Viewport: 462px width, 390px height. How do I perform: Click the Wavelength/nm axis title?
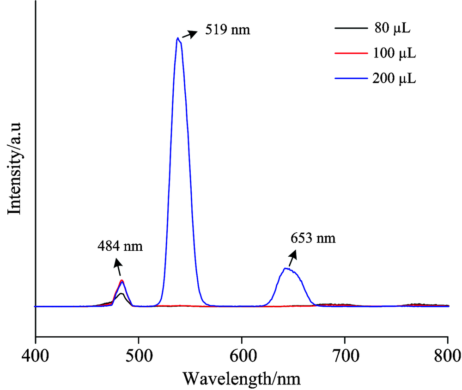pos(242,378)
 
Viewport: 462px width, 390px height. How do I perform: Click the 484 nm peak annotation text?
pos(120,246)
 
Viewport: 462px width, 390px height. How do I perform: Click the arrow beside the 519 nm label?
pos(188,35)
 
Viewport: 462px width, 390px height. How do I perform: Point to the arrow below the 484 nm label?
pos(118,267)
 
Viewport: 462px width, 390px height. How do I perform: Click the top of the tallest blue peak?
pos(178,38)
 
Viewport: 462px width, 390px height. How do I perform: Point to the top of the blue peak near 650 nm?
pos(287,268)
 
